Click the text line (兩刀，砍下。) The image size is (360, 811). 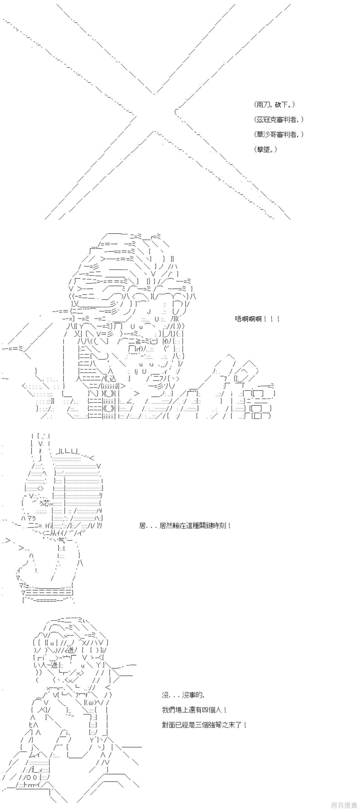pos(275,105)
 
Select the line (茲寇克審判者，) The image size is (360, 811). pos(279,119)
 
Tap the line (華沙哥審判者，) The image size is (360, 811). pos(279,134)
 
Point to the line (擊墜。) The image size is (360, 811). pos(266,149)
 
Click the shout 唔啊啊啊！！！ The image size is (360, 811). pos(257,319)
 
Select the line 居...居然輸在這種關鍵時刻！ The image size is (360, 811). pos(185,526)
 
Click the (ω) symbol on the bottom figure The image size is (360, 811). pos(91,702)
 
